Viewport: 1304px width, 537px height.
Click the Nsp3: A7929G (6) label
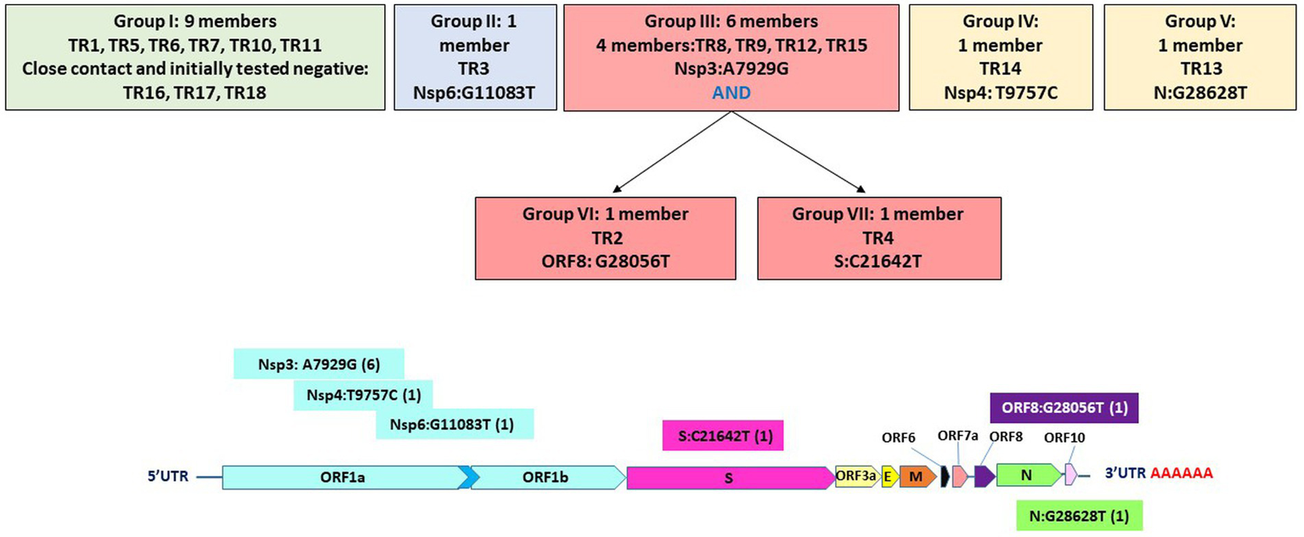pyautogui.click(x=319, y=365)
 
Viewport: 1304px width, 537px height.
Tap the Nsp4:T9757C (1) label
pyautogui.click(x=364, y=394)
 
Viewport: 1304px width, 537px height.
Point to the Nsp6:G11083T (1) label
pyautogui.click(x=455, y=424)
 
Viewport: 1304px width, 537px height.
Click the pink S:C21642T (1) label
pyautogui.click(x=722, y=437)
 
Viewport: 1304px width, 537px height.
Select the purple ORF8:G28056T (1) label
pyautogui.click(x=1064, y=408)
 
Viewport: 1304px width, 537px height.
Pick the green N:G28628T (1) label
pyautogui.click(x=1079, y=516)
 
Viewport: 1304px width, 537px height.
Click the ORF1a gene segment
pyautogui.click(x=340, y=478)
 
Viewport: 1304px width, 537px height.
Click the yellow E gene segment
pyautogui.click(x=889, y=478)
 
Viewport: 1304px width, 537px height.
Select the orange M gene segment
pyautogui.click(x=916, y=478)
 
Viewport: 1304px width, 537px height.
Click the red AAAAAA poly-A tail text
pyautogui.click(x=1181, y=473)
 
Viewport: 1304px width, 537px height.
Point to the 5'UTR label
pyautogui.click(x=167, y=477)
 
